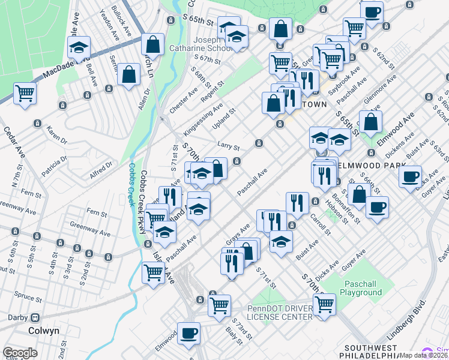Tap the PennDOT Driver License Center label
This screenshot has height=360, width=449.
click(x=280, y=313)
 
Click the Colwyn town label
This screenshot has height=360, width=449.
click(x=44, y=330)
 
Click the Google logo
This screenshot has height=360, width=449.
click(x=20, y=353)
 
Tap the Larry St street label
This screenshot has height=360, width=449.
click(x=228, y=147)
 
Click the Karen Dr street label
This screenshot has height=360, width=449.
click(x=57, y=136)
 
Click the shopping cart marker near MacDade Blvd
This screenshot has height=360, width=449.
click(x=25, y=92)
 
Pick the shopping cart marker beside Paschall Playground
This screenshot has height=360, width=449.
click(x=324, y=304)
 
